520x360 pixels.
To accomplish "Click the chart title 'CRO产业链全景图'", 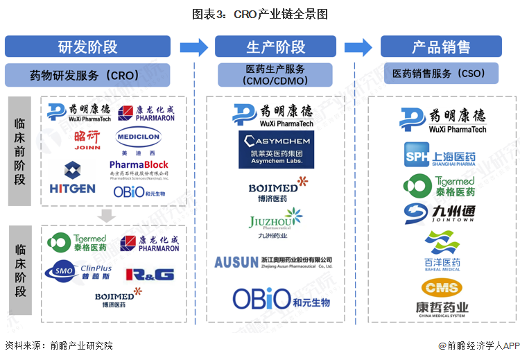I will (x=260, y=13).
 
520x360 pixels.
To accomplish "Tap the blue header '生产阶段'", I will (x=275, y=46).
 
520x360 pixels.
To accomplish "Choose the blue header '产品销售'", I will (x=441, y=46).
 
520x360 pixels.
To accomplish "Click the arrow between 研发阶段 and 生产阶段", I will (x=193, y=46).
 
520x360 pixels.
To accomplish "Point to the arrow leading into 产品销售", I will (x=358, y=46).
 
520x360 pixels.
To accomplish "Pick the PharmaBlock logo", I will (x=139, y=169).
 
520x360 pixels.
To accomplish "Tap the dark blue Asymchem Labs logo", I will (x=275, y=149).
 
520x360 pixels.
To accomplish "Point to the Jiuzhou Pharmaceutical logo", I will (x=275, y=223).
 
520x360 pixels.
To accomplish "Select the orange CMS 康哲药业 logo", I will (x=442, y=295).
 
